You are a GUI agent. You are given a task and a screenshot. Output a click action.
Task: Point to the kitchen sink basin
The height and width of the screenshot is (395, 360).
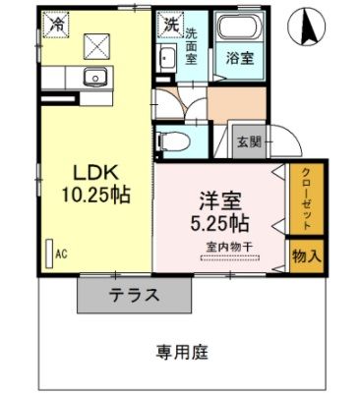pos(94,77)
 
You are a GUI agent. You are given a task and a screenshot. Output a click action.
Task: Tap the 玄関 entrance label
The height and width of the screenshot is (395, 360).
pos(247,141)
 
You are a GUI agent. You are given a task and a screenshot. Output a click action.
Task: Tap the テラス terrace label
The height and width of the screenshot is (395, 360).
pos(135,295)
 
